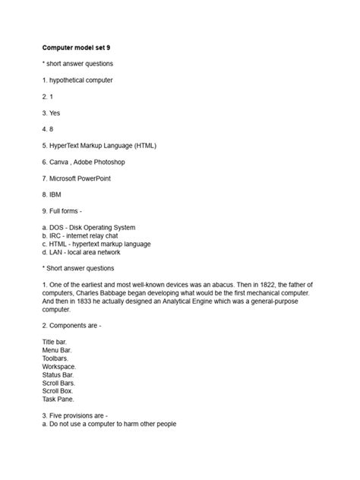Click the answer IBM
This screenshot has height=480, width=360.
58,195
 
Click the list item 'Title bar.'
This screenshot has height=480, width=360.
55,343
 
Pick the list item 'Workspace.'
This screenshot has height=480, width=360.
60,367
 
